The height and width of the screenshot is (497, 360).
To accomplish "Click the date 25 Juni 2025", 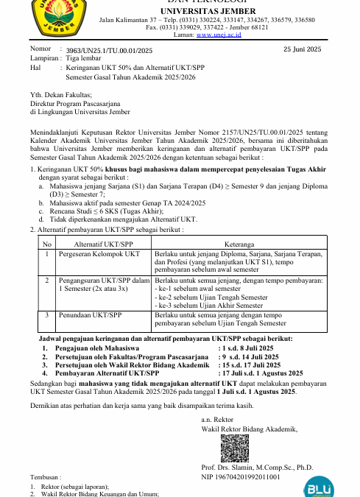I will click(x=302, y=49).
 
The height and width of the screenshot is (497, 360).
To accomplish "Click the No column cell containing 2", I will click(x=46, y=281).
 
